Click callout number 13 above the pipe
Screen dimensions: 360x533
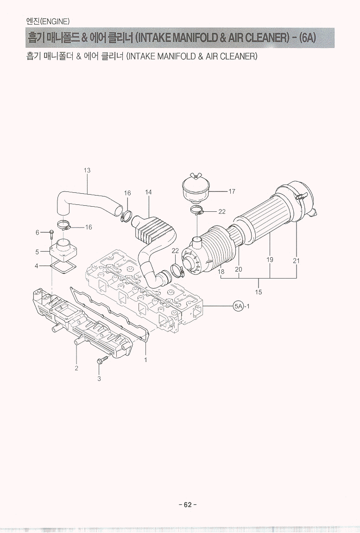point(87,170)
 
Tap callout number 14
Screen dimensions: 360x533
point(148,192)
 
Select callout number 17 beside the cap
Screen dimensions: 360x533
point(232,191)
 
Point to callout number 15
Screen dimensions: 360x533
point(259,292)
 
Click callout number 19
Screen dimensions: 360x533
point(270,260)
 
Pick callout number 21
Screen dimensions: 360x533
point(297,261)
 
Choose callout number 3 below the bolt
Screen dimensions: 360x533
point(99,379)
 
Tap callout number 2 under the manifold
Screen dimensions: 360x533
point(76,368)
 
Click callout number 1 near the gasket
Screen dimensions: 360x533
point(145,360)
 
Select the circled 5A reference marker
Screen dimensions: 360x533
point(239,306)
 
